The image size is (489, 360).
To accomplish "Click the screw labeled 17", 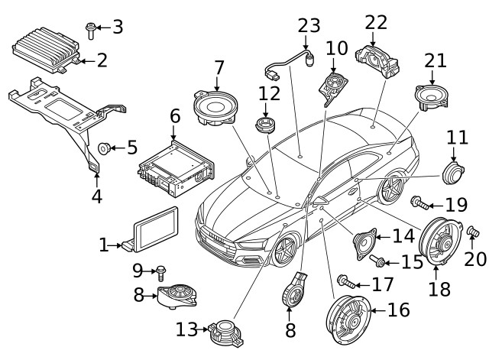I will point(347,283).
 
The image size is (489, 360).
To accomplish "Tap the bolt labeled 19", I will point(418,203).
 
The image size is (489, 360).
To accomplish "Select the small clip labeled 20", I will point(471,230).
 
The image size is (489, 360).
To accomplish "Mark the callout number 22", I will point(376,22).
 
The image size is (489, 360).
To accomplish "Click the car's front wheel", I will point(284,249).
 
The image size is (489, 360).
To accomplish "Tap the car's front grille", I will point(219,238).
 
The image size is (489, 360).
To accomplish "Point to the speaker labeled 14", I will point(365,245).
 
